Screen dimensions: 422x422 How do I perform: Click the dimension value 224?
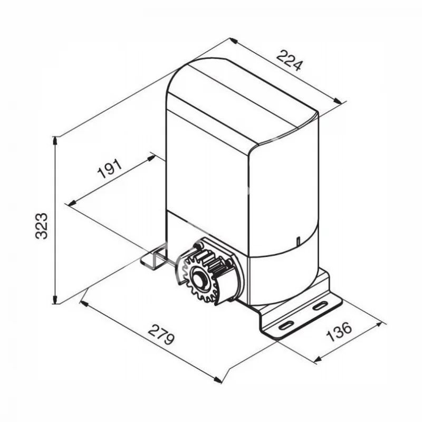[290, 60]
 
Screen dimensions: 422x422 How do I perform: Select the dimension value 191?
[110, 169]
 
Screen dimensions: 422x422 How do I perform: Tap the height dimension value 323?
[42, 226]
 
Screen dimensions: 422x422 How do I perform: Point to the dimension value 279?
[161, 334]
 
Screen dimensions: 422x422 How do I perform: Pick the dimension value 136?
[339, 331]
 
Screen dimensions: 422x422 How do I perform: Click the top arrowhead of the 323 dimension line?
[55, 141]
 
